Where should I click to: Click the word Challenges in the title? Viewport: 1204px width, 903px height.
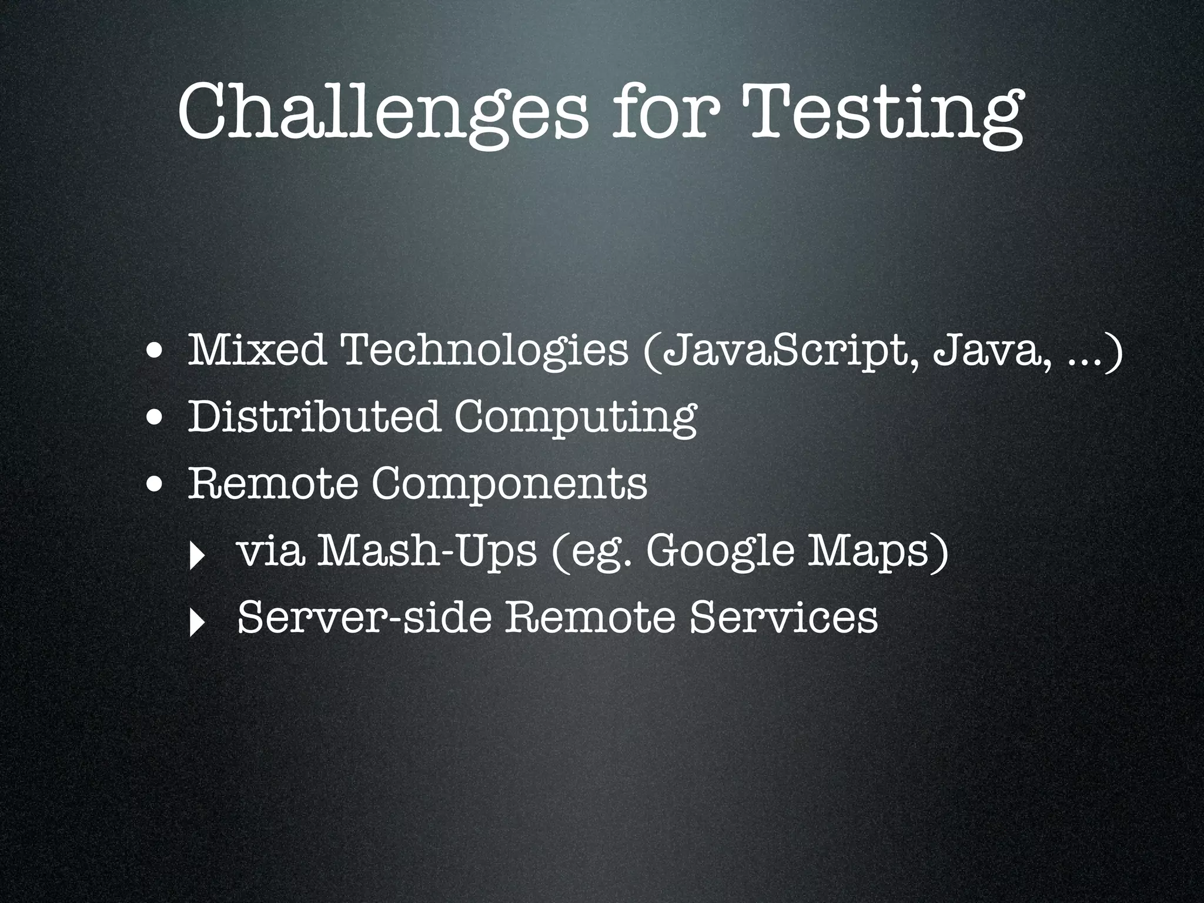click(382, 112)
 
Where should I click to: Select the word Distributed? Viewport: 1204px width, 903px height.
click(313, 416)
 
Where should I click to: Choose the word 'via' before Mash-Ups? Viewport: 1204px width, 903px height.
click(270, 551)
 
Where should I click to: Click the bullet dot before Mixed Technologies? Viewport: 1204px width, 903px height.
click(156, 353)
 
